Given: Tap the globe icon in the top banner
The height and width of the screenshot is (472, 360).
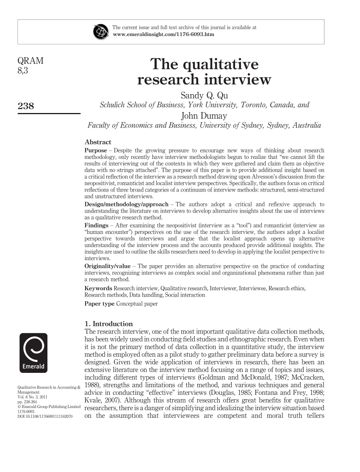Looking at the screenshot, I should pos(101,31).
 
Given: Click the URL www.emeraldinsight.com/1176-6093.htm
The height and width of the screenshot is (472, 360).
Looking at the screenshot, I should pos(163,34).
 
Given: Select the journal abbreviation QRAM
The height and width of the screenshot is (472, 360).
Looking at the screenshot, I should pos(30,61).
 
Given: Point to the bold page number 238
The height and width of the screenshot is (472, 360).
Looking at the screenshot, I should pos(26,106).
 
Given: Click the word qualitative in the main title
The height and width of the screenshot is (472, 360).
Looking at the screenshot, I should pos(204,64).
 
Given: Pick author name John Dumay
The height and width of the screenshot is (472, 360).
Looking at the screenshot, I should pos(204,116).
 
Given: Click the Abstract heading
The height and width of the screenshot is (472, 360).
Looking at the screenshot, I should pos(98,142).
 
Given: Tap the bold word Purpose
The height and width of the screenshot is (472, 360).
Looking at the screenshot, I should pos(96,151).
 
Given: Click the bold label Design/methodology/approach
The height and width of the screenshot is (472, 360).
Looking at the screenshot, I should pos(126,205).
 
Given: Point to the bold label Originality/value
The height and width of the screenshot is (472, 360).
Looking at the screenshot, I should pos(108,266).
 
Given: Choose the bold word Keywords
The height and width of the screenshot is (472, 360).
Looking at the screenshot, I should pos(98,289).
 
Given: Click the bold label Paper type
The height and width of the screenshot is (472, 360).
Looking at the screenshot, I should pos(100,304).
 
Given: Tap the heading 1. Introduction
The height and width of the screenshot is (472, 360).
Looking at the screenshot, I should pos(109,324).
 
